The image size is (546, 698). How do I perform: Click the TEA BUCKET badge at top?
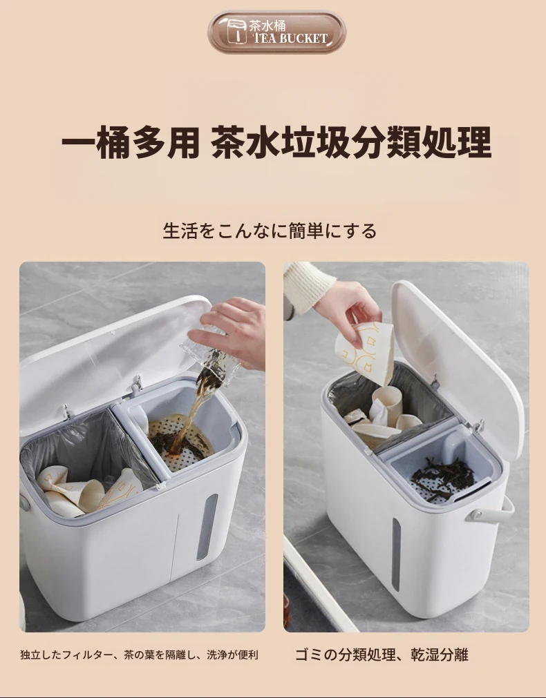coord(276,32)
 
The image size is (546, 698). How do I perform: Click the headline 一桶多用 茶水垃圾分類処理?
coord(276,142)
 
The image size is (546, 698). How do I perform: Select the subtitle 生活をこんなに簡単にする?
coord(270,231)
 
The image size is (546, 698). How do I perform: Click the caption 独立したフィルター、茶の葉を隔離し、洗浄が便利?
coord(139,655)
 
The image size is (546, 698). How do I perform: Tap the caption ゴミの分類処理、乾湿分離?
coord(382,655)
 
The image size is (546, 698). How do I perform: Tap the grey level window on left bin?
coord(207,527)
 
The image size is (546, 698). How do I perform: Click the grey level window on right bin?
coord(396,554)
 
